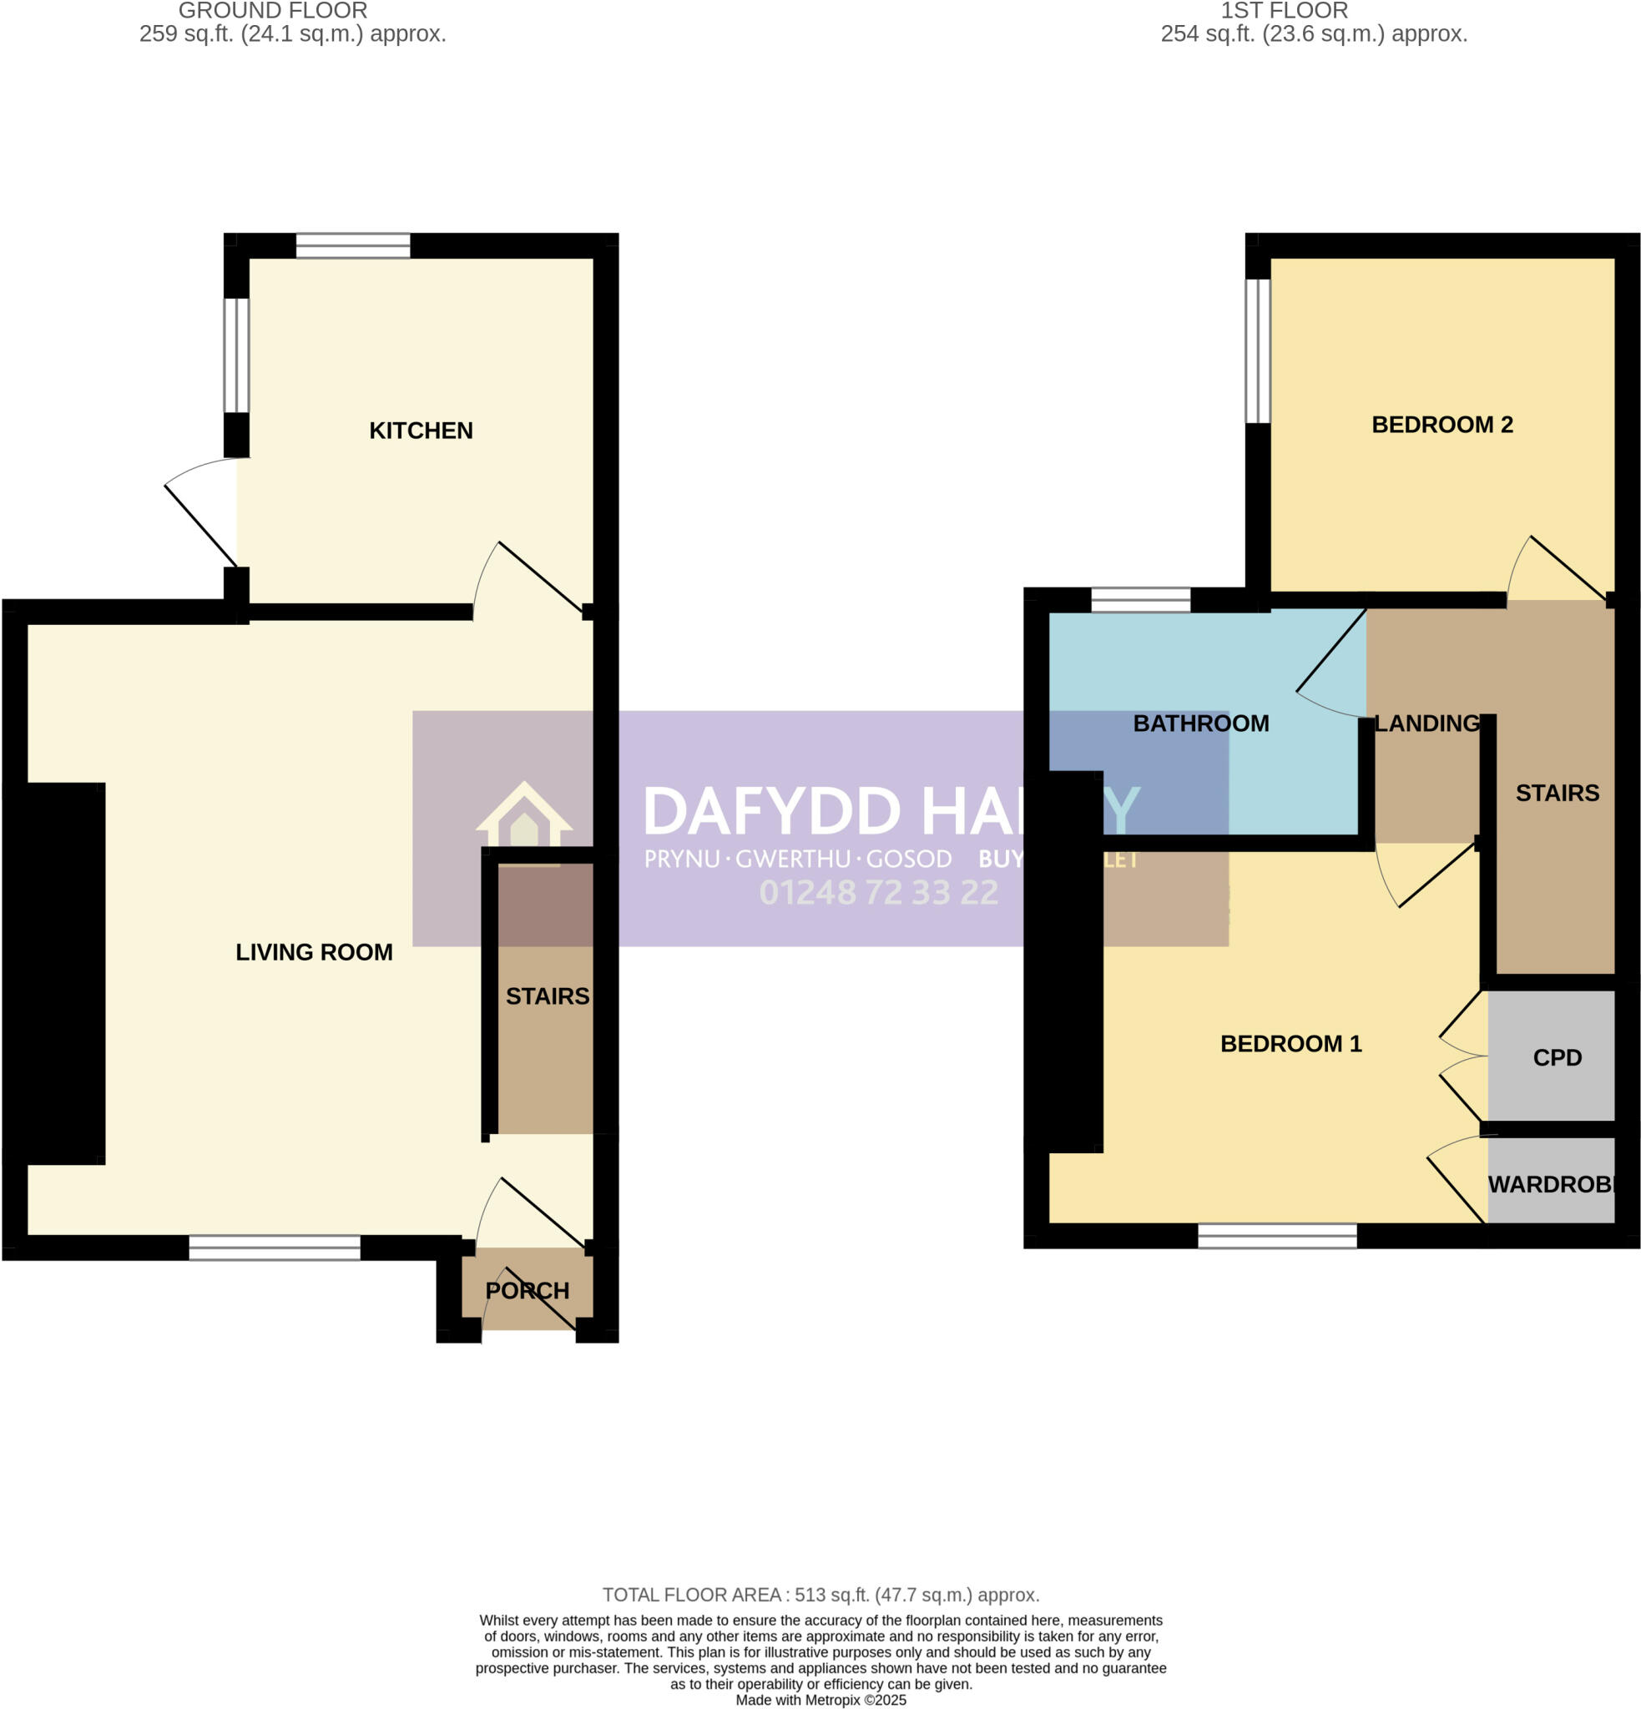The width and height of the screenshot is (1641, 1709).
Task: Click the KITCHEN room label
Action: click(x=421, y=431)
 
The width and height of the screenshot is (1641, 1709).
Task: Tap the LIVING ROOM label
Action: click(x=314, y=952)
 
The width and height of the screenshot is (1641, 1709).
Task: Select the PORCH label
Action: click(x=527, y=1290)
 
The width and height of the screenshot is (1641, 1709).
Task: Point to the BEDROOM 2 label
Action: click(x=1442, y=425)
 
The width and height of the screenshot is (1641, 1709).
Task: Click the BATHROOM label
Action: click(x=1200, y=723)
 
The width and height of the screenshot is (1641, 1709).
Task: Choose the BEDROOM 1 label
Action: click(x=1290, y=1044)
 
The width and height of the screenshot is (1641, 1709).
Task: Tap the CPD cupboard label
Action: click(x=1557, y=1057)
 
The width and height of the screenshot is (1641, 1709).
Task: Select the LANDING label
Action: click(x=1426, y=723)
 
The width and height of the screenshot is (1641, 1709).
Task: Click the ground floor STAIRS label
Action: click(x=548, y=996)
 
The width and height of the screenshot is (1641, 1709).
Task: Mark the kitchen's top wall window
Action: click(x=352, y=246)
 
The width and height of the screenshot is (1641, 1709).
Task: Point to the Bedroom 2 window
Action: click(x=1257, y=350)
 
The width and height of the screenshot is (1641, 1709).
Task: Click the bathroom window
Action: click(x=1140, y=600)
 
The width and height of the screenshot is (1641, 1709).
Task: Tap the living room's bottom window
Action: click(x=275, y=1248)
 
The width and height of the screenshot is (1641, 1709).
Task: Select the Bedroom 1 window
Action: click(x=1277, y=1236)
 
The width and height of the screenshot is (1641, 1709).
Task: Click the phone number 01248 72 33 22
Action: click(x=878, y=893)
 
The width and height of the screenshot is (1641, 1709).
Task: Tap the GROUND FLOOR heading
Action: click(x=273, y=12)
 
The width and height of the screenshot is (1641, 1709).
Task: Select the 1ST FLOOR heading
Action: click(x=1285, y=12)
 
